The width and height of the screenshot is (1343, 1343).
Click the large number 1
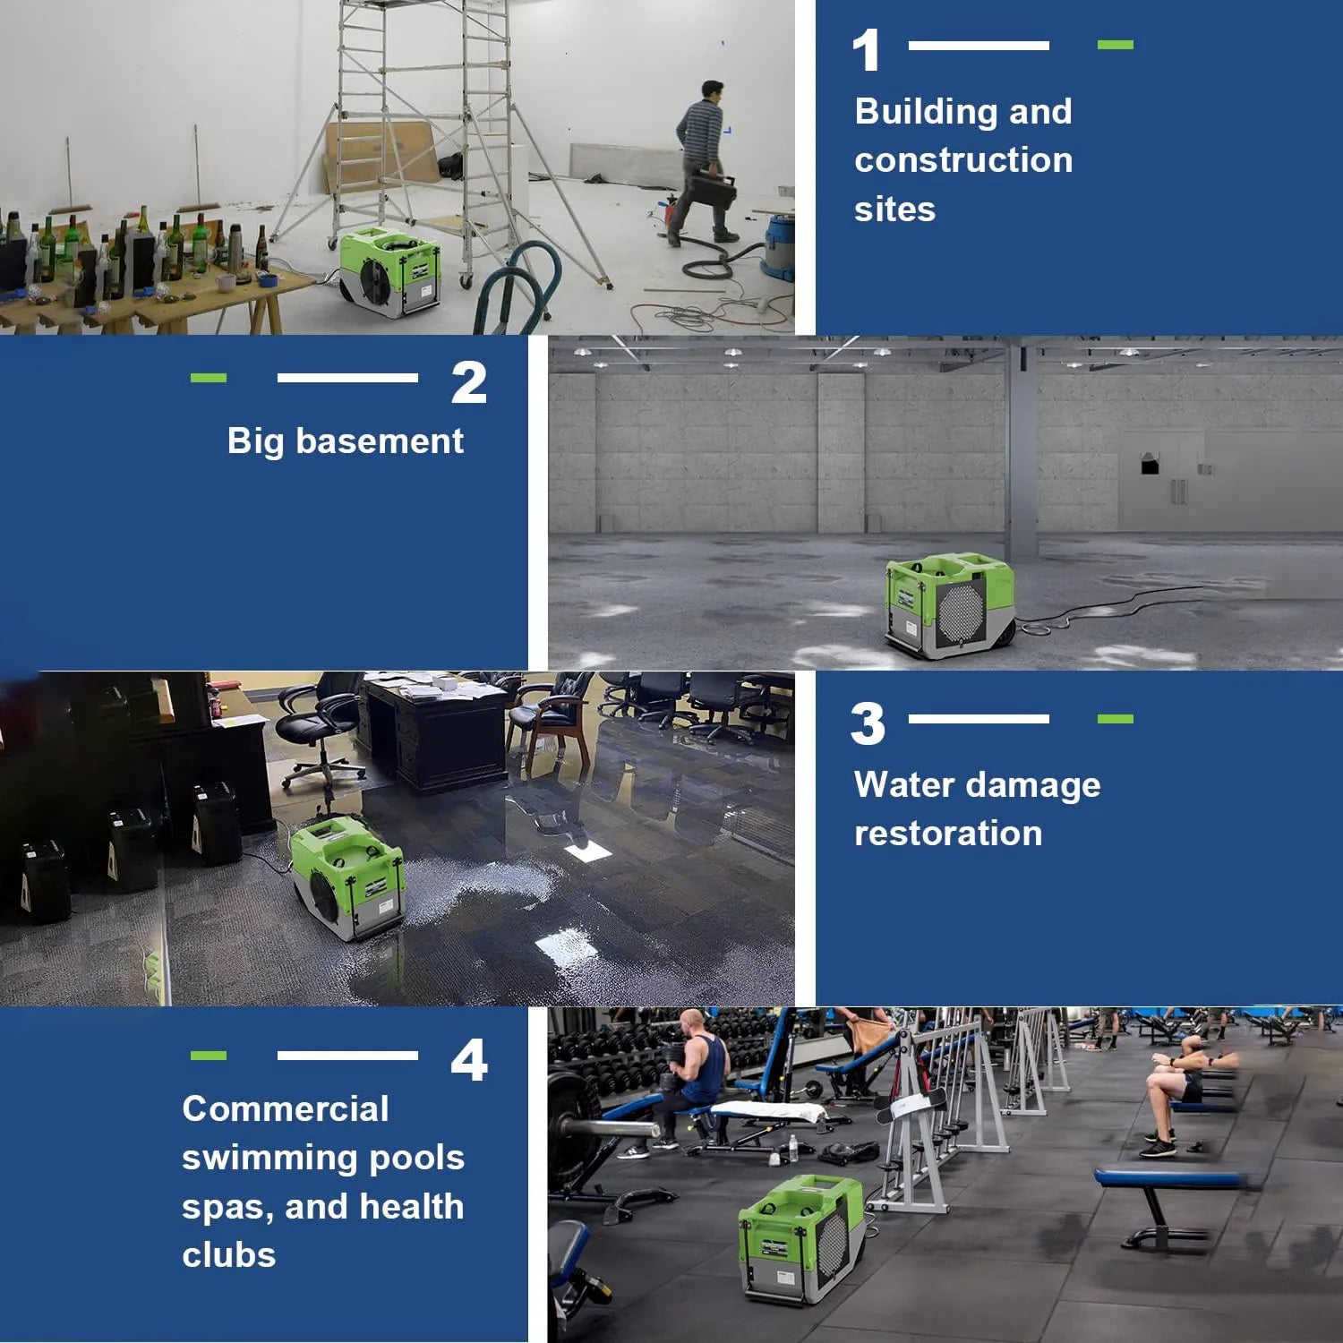867,50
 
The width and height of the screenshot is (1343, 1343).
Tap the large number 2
469,382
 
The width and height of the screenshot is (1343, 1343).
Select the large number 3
868,723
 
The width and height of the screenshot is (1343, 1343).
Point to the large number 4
469,1060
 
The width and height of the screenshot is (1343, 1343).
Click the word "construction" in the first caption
963,160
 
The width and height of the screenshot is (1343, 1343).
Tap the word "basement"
380,441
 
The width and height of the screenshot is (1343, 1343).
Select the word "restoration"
948,834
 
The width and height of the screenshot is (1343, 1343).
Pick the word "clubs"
229,1255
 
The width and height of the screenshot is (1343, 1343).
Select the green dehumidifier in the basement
950,605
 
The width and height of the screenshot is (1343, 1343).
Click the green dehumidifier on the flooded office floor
347,877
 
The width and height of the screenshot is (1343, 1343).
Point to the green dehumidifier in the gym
801,1239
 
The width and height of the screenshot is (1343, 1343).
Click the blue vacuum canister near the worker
777,244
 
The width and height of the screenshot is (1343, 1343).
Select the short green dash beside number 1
1116,45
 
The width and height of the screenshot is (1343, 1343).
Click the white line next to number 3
979,719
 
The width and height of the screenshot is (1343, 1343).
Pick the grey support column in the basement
1021,452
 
